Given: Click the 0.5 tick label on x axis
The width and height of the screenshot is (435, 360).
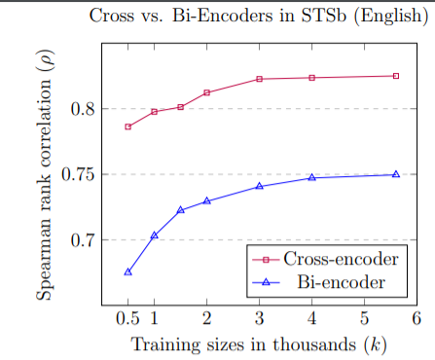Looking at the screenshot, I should pos(127,319).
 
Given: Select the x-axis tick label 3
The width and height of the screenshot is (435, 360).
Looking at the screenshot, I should pos(259,319).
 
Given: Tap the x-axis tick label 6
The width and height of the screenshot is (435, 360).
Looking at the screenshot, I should pos(416,319).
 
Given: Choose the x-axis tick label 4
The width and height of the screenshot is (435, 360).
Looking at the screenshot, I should pos(311,319).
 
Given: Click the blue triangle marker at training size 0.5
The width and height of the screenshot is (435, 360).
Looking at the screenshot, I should pos(127,272).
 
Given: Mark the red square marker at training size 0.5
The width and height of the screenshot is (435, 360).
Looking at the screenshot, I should pos(127,127).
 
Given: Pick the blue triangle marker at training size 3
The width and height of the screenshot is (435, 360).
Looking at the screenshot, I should pos(259,186).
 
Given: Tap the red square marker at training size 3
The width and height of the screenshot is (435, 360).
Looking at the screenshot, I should pos(259,79).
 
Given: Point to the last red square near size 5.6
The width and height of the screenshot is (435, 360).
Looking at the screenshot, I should pos(395,76).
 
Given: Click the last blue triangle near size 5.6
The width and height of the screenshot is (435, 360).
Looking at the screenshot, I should pos(395,174).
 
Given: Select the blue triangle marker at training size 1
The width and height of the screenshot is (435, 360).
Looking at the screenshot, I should pos(154,235).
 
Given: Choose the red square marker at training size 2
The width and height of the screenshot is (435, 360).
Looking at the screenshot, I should pos(206,92).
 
